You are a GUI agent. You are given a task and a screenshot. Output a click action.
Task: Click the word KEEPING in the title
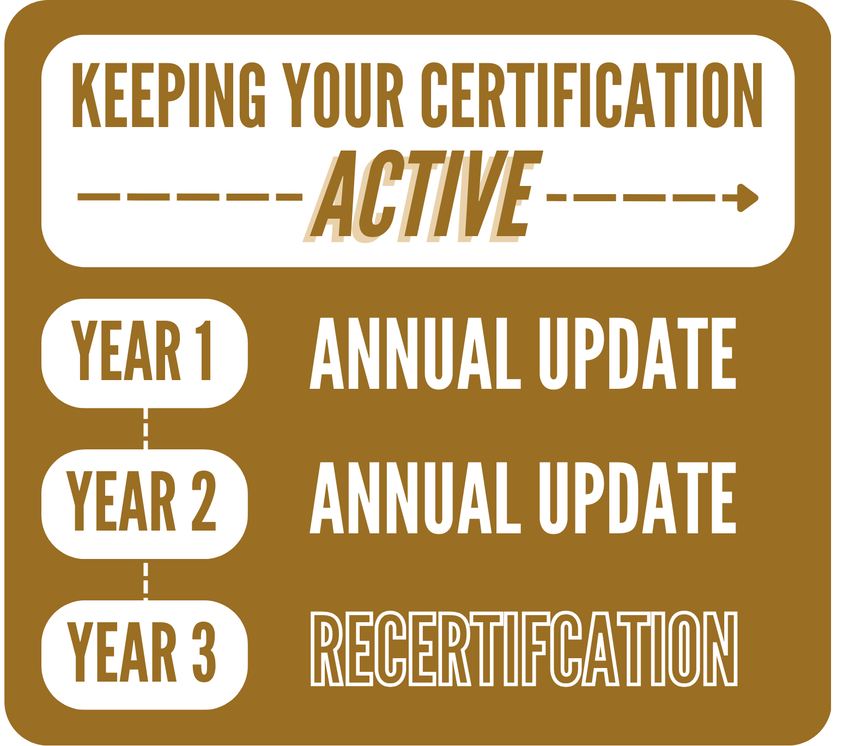coord(169,95)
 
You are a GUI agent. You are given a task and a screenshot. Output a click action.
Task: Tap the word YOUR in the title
coord(342,95)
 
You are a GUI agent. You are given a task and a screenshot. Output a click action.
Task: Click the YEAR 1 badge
coord(144,352)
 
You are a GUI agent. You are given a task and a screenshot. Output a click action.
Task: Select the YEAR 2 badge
coord(144,503)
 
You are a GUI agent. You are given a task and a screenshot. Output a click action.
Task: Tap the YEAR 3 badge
coord(144,654)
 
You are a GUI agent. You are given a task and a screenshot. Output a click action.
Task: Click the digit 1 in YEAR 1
coord(204,350)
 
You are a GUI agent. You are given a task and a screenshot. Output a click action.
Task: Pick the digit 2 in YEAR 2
coord(204,501)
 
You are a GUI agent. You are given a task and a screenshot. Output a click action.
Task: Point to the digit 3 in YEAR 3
coord(204,652)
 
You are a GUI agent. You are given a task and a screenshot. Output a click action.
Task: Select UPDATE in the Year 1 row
coord(638,353)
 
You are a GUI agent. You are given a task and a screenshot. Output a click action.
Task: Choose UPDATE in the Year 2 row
coord(638,497)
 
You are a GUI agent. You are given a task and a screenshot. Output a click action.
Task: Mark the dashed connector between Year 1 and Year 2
coord(145,428)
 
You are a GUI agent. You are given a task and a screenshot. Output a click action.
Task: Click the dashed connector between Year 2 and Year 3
coord(145,579)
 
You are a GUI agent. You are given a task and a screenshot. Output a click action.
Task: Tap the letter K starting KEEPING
coord(86,95)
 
